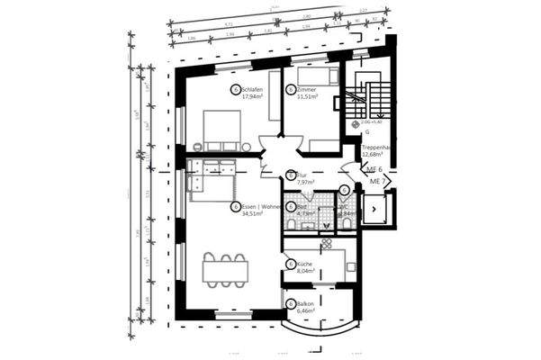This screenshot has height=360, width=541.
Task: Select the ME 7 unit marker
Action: click(x=378, y=181)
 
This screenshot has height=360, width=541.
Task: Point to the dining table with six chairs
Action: click(x=224, y=269)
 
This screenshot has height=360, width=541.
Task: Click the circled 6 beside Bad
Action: click(x=290, y=206)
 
